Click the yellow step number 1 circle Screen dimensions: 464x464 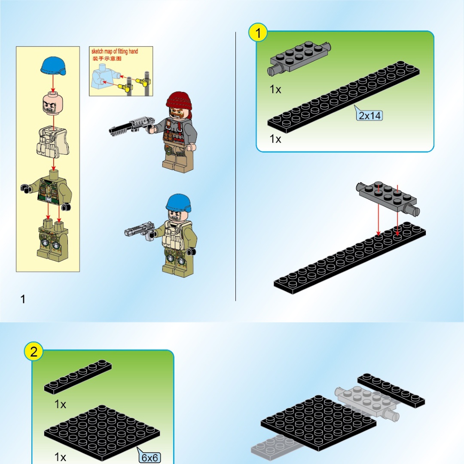coord(258,33)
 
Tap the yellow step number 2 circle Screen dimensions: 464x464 coord(34,351)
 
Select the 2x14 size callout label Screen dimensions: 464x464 coord(369,115)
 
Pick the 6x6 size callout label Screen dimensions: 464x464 coord(150,458)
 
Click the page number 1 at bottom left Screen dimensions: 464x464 coord(23,299)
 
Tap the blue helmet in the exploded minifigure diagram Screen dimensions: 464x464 coord(53,66)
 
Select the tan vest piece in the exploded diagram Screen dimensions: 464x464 coord(53,141)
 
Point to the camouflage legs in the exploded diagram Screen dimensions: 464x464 coord(53,240)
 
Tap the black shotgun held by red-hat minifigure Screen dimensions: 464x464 coord(132,126)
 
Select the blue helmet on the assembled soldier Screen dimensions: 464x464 coord(179,203)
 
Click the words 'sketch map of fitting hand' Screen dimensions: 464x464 coord(115,52)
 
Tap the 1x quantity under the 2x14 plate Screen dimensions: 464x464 coord(275,139)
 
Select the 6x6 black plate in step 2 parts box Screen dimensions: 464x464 coord(102,432)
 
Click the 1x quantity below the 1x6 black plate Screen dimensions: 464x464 coord(60,404)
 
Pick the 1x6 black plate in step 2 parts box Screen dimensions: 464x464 coord(78,377)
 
